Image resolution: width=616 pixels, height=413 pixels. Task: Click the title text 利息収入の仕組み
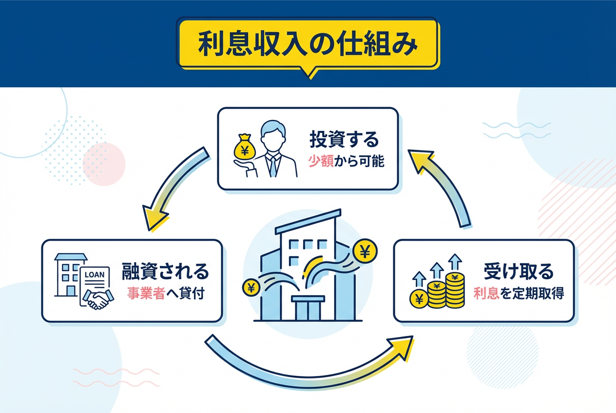(x=308, y=46)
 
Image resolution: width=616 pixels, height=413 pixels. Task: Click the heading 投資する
(x=344, y=140)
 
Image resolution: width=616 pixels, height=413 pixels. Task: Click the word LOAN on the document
(x=95, y=274)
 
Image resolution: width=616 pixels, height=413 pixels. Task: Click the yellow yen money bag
(x=243, y=147)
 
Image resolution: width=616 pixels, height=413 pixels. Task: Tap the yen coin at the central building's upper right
(x=364, y=251)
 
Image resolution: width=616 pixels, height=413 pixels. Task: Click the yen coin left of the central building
(x=251, y=287)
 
